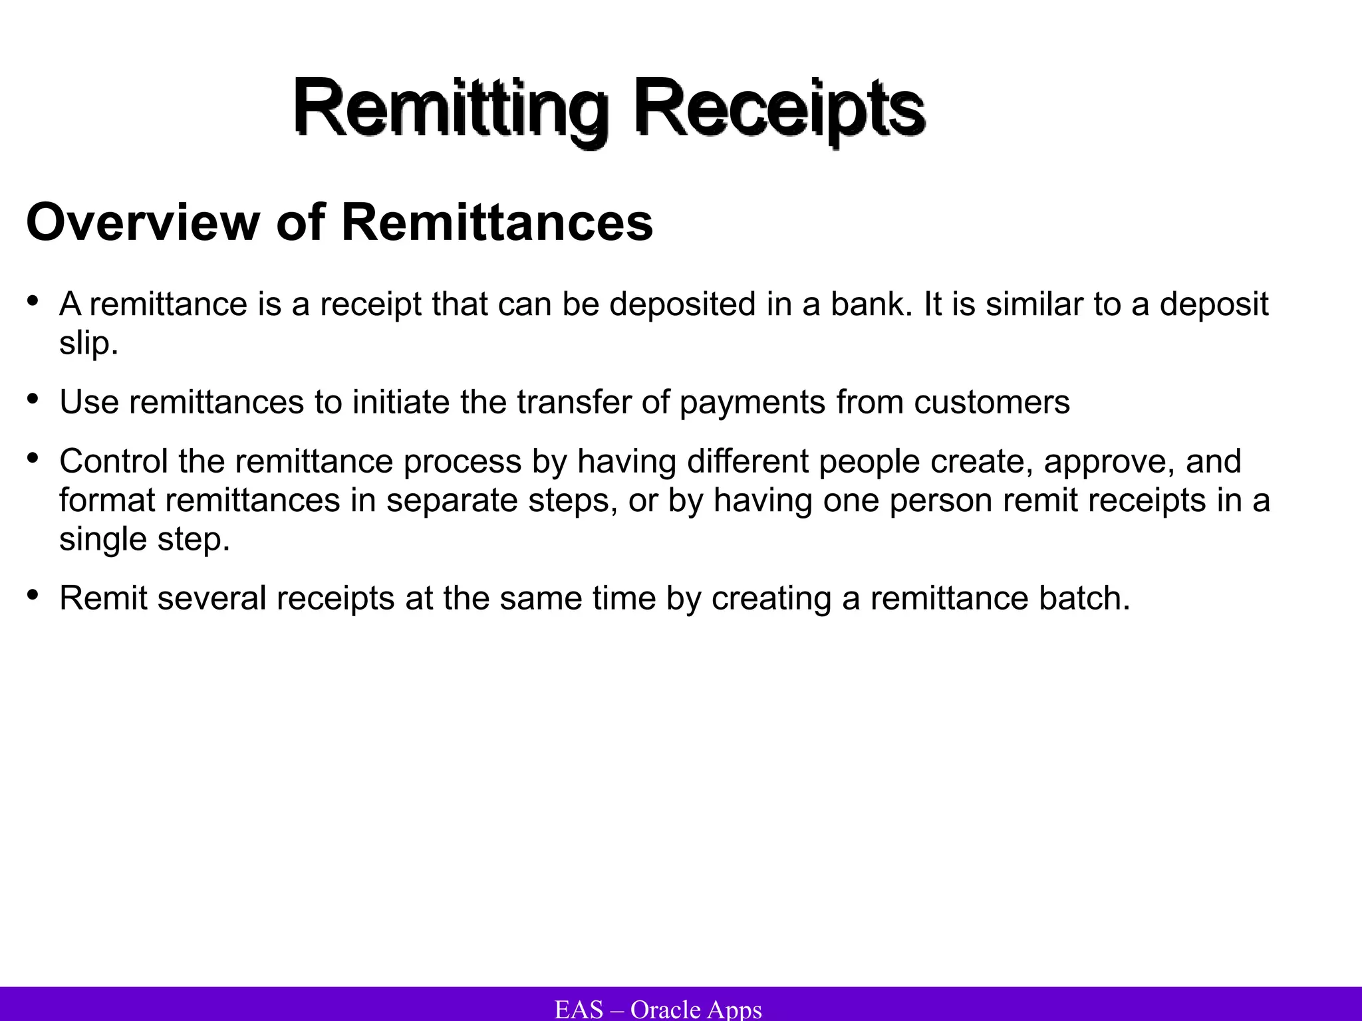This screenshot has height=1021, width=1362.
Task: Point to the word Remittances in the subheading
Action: tap(497, 222)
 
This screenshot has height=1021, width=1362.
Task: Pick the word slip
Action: tap(88, 343)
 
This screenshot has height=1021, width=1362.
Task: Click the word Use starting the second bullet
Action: tap(88, 402)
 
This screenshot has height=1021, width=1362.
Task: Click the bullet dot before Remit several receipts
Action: tap(33, 594)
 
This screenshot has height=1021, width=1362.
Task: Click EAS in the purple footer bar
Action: tap(579, 1009)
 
